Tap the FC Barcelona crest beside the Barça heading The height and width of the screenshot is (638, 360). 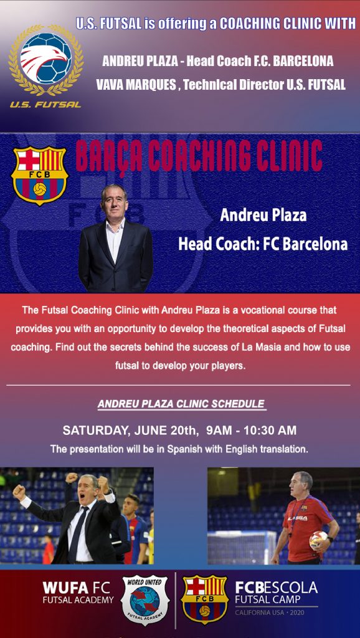(39, 175)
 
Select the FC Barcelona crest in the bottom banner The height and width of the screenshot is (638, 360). (204, 599)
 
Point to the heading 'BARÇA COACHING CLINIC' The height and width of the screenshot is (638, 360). (199, 156)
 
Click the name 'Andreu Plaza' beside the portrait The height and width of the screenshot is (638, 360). (263, 216)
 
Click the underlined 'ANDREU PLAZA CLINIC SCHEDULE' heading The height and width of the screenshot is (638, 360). (181, 404)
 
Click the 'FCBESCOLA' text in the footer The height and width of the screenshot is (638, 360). (276, 588)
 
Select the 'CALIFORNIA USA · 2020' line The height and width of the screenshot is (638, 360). (272, 613)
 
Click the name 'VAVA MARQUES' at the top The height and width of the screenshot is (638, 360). (136, 85)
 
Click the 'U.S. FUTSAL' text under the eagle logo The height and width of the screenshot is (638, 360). (45, 104)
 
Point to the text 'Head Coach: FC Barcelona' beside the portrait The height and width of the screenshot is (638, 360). (262, 244)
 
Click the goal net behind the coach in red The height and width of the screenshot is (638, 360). (240, 547)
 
